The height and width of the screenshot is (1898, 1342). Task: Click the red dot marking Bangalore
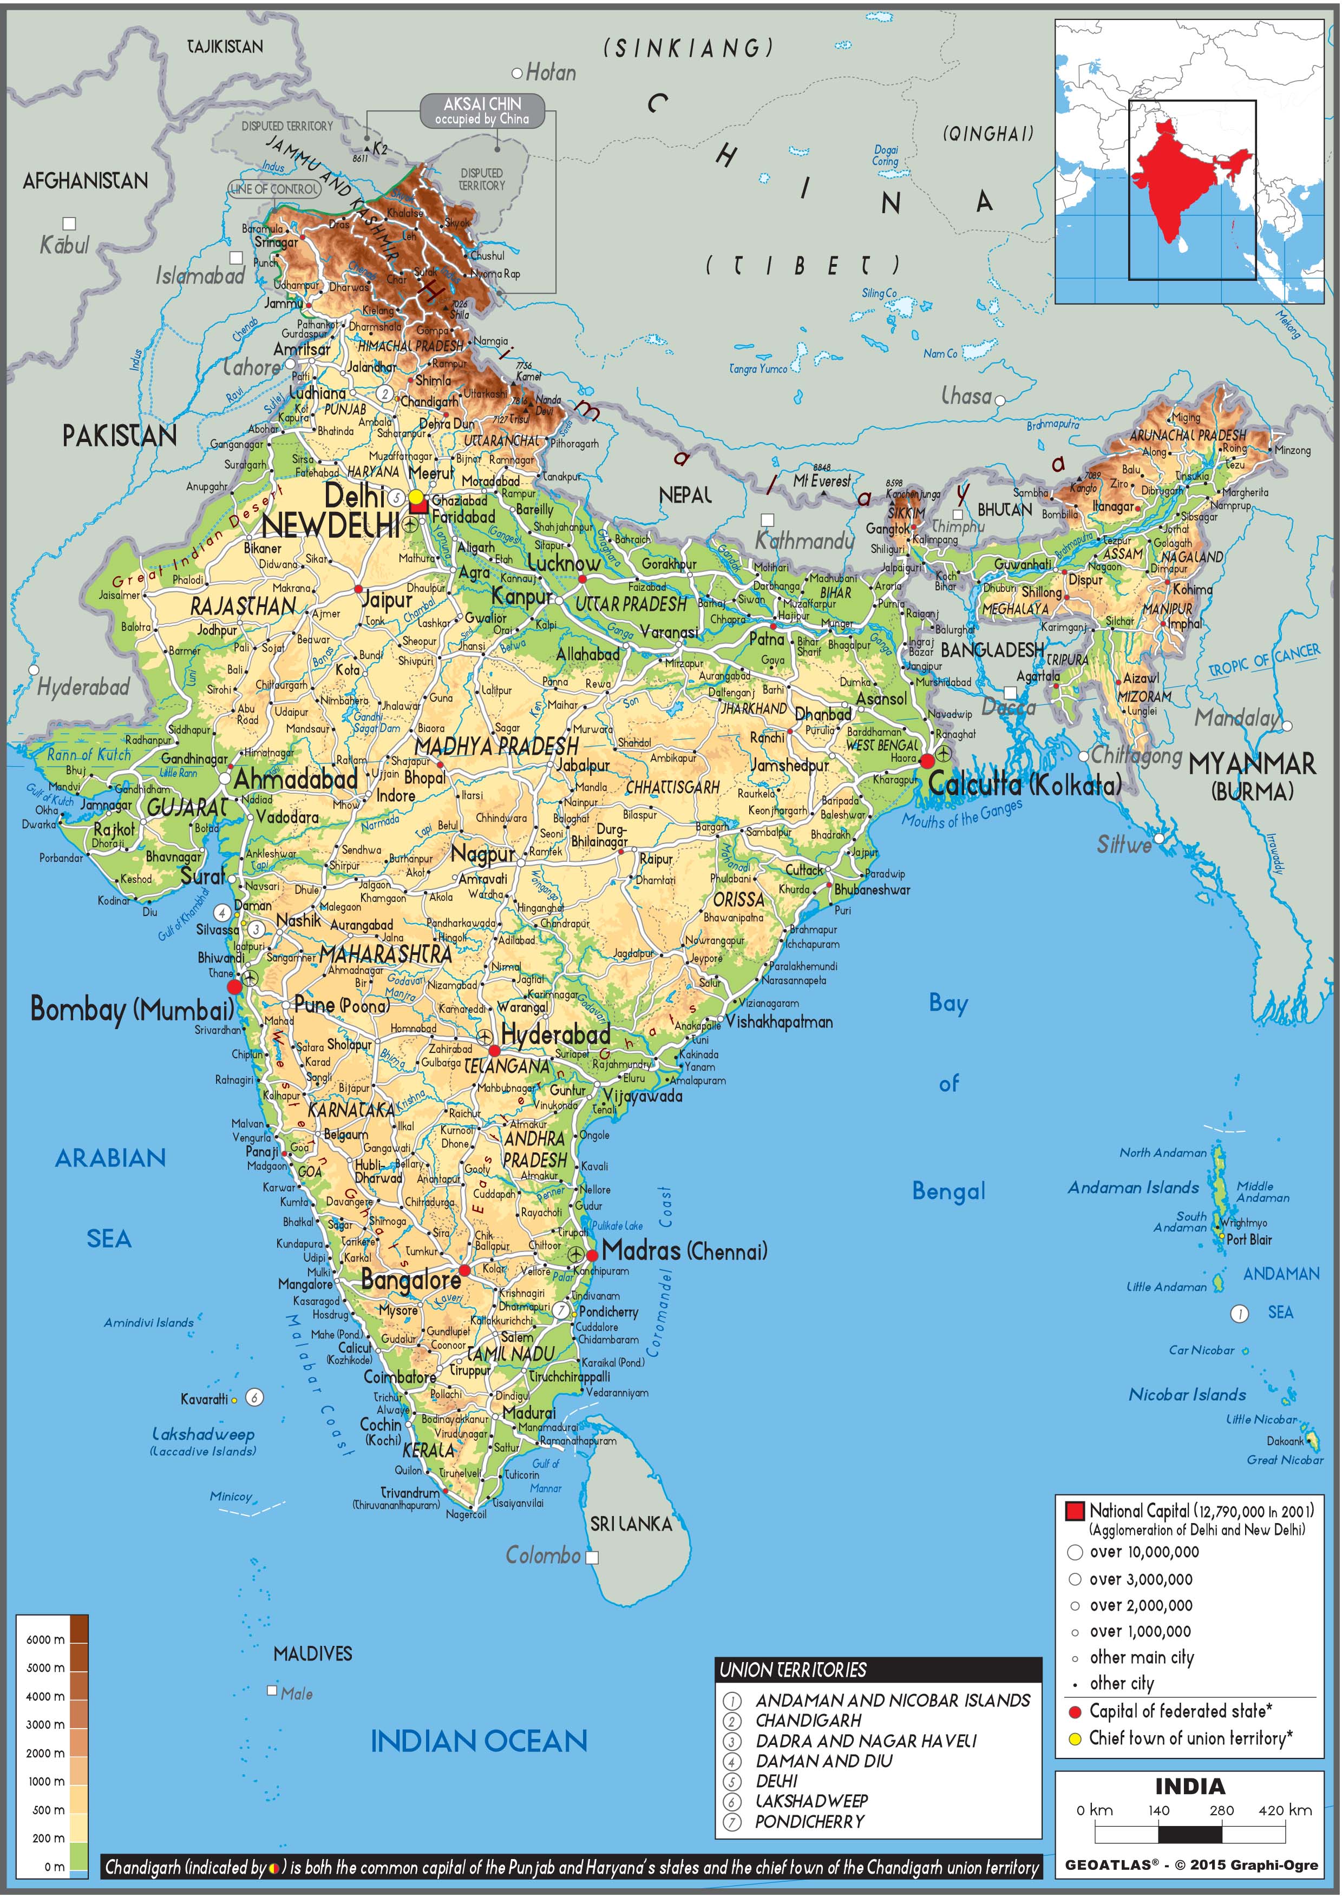point(464,1270)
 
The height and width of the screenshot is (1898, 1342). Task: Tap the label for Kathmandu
point(804,542)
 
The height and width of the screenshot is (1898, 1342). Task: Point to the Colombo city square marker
point(591,1558)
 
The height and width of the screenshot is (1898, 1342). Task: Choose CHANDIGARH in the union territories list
point(808,1721)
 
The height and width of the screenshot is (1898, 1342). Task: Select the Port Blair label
point(1248,1239)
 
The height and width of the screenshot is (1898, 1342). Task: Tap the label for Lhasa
point(967,396)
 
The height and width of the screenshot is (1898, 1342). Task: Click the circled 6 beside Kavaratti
point(256,1397)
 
